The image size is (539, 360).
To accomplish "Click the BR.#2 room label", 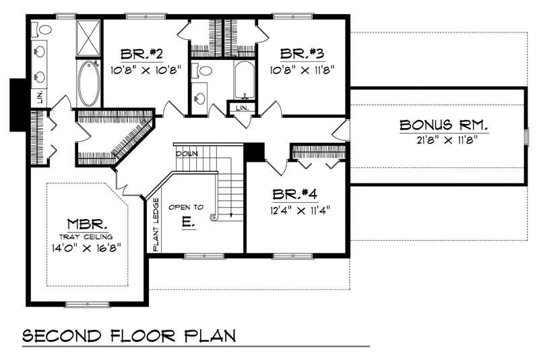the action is pos(141,54).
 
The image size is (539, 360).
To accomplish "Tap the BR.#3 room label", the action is pos(302,53).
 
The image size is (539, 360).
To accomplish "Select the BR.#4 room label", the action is pos(294,194).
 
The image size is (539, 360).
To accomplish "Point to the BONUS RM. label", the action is pos(444,125).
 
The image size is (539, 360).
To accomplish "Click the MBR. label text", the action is pos(87,224).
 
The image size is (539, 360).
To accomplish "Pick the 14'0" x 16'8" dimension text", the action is pos(86,247).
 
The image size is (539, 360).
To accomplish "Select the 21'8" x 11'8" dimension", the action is pos(448,140).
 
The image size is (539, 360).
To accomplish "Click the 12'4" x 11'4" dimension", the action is pos(300,210).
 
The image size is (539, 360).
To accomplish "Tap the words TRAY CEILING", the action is pos(86,237).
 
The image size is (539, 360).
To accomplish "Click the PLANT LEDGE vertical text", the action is pos(156,224).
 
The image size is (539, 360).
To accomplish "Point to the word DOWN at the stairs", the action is pos(187,154).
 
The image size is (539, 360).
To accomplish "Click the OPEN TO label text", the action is pos(186,207).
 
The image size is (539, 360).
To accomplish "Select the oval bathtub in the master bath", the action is pos(89,83).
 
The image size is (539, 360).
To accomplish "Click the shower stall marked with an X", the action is pos(88,38).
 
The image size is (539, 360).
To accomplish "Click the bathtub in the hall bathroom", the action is pos(245,80).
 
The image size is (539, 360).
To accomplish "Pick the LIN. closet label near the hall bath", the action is pos(243,108).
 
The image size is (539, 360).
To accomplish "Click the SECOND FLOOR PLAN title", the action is pos(129,336).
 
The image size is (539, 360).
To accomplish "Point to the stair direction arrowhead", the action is pos(231,215).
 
